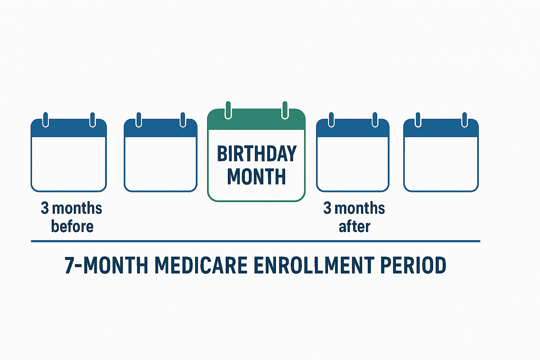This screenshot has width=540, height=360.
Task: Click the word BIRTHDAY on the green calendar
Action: click(257, 153)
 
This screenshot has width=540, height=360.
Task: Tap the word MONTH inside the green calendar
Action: click(257, 176)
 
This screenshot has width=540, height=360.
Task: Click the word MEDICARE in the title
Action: click(201, 265)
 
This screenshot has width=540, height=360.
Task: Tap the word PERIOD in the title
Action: click(413, 265)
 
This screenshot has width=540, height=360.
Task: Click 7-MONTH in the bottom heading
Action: click(106, 265)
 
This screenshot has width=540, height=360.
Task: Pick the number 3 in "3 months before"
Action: click(45, 208)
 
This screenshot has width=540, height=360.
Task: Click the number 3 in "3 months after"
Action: click(327, 208)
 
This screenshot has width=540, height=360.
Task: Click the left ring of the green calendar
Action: click(228, 110)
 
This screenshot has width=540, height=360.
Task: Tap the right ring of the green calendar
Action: click(285, 110)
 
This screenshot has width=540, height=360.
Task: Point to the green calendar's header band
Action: click(256, 120)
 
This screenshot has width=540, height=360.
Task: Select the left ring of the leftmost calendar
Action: click(46, 120)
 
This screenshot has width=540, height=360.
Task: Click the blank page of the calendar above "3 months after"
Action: click(353, 164)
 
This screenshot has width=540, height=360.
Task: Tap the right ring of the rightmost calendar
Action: click(464, 120)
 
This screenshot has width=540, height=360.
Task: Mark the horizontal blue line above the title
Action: click(256, 241)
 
